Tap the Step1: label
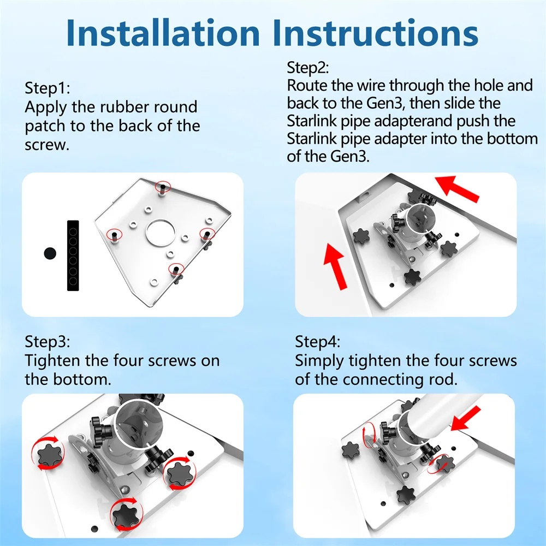click(48, 88)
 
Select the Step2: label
click(307, 68)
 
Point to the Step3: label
click(48, 342)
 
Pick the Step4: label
click(318, 342)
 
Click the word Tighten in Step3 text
click(52, 360)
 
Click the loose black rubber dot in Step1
click(50, 253)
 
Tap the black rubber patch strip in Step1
click(73, 255)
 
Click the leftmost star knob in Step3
click(49, 453)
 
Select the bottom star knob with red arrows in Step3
click(126, 514)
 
